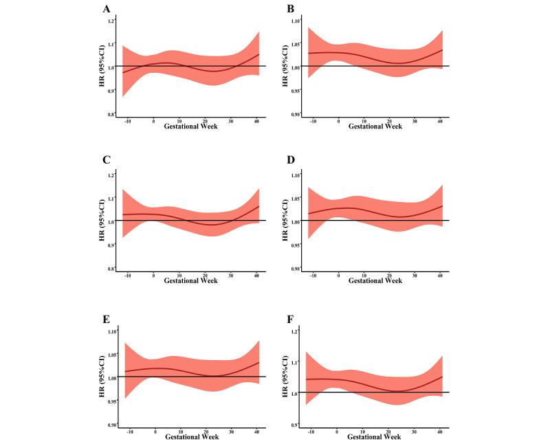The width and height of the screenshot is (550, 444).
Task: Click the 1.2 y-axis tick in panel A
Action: point(110,21)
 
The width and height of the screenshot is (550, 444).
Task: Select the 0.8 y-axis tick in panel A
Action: point(110,114)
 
